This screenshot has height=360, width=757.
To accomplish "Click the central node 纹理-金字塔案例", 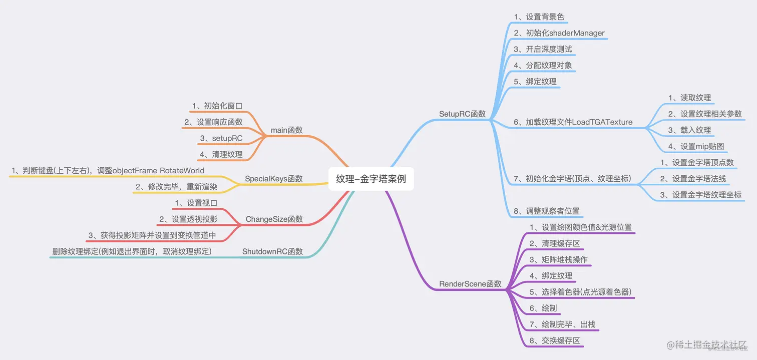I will [371, 179].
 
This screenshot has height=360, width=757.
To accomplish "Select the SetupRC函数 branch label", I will [462, 114].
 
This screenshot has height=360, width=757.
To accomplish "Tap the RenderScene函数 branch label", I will [470, 284].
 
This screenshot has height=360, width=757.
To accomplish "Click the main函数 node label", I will [286, 130].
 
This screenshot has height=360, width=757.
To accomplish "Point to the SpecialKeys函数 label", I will [273, 179].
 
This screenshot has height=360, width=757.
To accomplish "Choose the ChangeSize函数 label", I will [274, 219].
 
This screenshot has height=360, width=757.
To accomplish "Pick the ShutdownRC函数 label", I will [272, 251].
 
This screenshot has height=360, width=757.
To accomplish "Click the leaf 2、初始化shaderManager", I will [559, 33].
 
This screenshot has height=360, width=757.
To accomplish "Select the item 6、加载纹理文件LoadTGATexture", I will [573, 122].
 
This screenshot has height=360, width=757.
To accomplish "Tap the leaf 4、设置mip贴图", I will [696, 146].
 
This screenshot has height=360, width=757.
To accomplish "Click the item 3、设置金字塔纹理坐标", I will [700, 195].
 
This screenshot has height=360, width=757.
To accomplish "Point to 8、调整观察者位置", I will [546, 211].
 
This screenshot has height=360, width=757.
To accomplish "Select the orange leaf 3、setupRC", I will [221, 138].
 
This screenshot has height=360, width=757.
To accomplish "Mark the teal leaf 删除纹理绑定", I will [131, 251].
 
